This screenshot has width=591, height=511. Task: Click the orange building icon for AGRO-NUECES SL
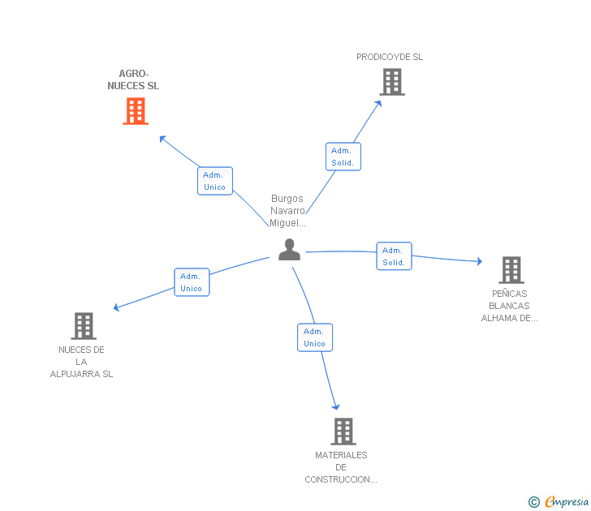click(x=136, y=111)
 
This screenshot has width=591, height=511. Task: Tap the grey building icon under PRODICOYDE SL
click(x=392, y=82)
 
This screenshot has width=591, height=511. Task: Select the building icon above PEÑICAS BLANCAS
click(x=511, y=270)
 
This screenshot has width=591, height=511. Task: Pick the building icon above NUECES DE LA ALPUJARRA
click(x=84, y=326)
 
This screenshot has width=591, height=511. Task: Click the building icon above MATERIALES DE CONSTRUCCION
click(x=343, y=432)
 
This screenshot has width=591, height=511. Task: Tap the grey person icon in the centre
click(x=289, y=250)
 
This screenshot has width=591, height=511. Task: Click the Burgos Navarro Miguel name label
click(x=287, y=211)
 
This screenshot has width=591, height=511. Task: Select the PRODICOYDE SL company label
click(x=390, y=57)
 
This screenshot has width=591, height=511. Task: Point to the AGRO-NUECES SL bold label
click(x=133, y=79)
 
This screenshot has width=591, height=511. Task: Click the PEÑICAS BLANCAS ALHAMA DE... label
click(x=509, y=306)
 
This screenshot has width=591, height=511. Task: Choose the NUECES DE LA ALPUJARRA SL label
click(x=81, y=362)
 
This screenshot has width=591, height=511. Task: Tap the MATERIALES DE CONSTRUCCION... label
click(x=341, y=467)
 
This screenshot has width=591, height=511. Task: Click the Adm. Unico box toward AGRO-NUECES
click(x=215, y=181)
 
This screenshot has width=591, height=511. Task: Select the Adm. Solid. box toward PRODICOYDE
click(x=343, y=157)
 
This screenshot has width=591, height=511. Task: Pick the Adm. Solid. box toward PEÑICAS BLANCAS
click(x=394, y=256)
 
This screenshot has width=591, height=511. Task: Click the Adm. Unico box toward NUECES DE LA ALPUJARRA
click(x=192, y=282)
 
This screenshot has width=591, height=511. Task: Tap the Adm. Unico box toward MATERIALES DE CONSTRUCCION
click(x=315, y=337)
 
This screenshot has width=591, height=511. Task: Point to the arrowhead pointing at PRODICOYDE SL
click(x=378, y=104)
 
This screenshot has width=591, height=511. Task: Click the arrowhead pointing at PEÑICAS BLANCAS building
click(x=480, y=261)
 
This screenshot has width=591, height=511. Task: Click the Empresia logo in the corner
click(x=559, y=501)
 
